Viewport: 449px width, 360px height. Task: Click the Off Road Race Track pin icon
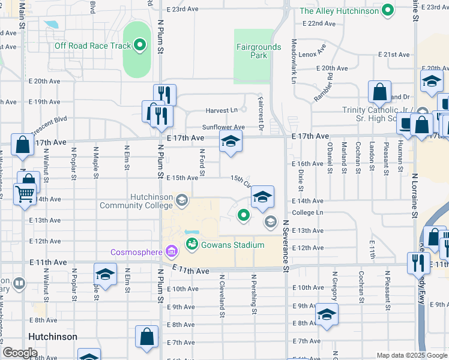pos(140,45)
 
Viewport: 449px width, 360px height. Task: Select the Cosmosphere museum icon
pos(170,250)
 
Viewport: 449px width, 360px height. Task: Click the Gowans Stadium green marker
pos(191,244)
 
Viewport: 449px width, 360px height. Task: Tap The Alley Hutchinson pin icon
pos(388,10)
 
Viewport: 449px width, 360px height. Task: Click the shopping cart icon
pos(25,193)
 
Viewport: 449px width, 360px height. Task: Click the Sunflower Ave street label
pos(223,127)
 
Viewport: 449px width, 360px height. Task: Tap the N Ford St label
pos(202,159)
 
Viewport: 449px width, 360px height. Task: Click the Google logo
pos(19,352)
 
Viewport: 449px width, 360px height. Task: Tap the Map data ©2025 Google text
pos(411,355)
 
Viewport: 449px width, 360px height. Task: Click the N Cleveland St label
pos(221,295)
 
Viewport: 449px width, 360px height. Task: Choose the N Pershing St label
pos(255,295)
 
